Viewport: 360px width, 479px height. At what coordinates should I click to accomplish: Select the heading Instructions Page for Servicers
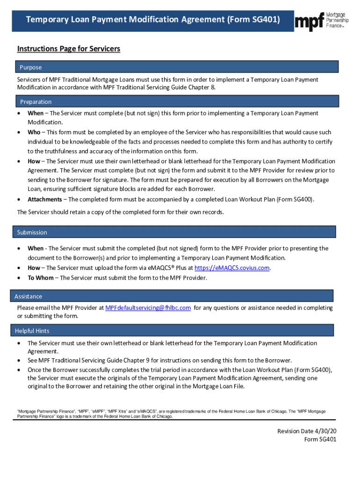coord(69,49)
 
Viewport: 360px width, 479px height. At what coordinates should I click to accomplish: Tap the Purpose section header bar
coord(176,67)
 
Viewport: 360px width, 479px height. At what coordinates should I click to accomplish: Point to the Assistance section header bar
coord(172,296)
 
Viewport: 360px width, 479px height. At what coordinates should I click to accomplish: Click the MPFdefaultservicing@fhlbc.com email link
coord(148,308)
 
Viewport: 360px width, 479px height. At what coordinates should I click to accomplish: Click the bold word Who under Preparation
coord(34,132)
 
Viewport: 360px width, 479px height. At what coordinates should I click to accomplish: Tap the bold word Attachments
coord(44,199)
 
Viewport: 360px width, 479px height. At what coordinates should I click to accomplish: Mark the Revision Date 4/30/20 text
coord(307,431)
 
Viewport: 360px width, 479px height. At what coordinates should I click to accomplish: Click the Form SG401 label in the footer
coord(320,439)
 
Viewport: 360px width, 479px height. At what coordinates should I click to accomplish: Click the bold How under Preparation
coord(34,161)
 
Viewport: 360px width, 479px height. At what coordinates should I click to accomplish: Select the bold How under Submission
coord(34,268)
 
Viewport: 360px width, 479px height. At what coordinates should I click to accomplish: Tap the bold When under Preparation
coord(35,113)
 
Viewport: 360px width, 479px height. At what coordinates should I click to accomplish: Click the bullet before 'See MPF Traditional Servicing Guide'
coord(19,361)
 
